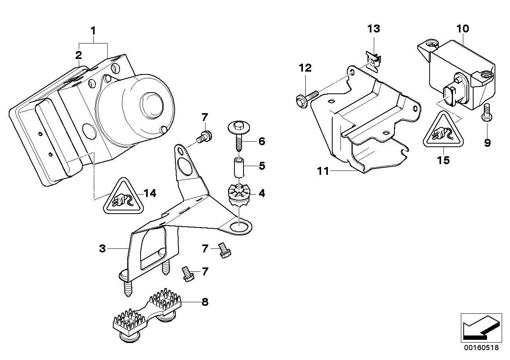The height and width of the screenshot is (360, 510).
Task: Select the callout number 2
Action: (x=79, y=55)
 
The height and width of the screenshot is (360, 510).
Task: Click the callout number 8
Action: (x=204, y=302)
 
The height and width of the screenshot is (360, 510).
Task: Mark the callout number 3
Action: (x=102, y=249)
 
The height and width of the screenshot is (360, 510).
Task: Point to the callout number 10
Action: (x=462, y=28)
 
